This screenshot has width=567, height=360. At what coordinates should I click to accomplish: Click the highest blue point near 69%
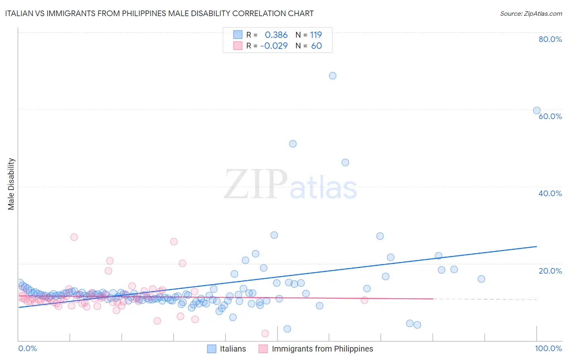click(x=333, y=76)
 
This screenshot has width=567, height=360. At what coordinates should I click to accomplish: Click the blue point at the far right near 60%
click(x=537, y=111)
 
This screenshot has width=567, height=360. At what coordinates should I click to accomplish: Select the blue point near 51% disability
click(x=293, y=144)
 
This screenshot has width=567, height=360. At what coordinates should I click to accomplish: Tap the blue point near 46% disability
click(x=345, y=163)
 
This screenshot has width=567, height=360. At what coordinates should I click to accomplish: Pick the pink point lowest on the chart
click(x=265, y=333)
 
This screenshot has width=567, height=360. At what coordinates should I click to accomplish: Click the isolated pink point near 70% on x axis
click(x=364, y=300)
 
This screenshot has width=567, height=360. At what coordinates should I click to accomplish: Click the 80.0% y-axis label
click(x=550, y=39)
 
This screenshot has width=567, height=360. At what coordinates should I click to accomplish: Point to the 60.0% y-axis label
click(x=550, y=116)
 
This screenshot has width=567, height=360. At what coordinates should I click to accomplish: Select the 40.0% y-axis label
click(x=550, y=193)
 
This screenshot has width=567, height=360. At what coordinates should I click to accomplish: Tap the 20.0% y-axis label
click(x=550, y=271)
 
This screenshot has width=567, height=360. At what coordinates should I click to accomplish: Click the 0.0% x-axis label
click(x=27, y=348)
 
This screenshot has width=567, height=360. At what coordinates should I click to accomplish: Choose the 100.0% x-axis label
click(x=548, y=348)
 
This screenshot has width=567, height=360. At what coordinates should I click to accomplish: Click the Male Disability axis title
click(x=11, y=184)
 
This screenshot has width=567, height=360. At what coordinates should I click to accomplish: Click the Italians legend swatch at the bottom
click(x=212, y=349)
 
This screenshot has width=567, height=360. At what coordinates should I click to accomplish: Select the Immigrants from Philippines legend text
click(x=322, y=349)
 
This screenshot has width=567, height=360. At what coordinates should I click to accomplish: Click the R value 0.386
click(x=276, y=35)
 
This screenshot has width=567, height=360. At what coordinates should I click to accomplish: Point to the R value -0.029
click(x=274, y=46)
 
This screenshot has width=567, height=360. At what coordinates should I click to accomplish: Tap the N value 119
click(x=316, y=35)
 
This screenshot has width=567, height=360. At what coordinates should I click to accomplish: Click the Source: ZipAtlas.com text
click(x=531, y=14)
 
